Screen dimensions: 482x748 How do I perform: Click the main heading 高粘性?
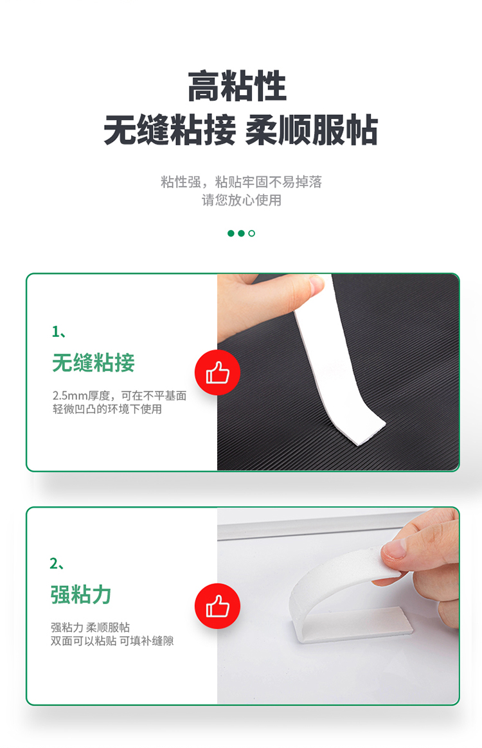pos(237,86)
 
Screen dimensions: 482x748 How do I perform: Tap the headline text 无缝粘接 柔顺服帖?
pos(240,130)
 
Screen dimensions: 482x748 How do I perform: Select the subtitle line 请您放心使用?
pos(242,200)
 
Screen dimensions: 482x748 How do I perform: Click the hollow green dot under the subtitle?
pos(251,233)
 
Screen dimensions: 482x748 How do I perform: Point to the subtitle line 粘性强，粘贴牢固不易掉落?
pos(242,182)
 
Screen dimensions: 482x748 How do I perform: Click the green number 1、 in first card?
pos(59,332)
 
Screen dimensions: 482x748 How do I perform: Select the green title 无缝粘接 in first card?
pos(94,362)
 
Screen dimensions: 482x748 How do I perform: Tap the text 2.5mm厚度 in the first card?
pos(81,395)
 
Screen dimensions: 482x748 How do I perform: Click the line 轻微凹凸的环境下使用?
pos(107,409)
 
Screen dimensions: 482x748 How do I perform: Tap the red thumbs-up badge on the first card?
pos(217,373)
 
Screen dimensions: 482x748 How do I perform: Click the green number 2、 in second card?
pos(57,564)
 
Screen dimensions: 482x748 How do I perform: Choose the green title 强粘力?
pos(80,595)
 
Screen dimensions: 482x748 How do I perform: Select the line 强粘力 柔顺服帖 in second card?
pos(90,627)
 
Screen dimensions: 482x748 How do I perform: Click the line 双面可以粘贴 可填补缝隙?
pos(112,641)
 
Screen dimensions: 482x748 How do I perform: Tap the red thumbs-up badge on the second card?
pos(217,606)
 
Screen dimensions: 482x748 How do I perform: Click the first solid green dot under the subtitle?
pos(231,233)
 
